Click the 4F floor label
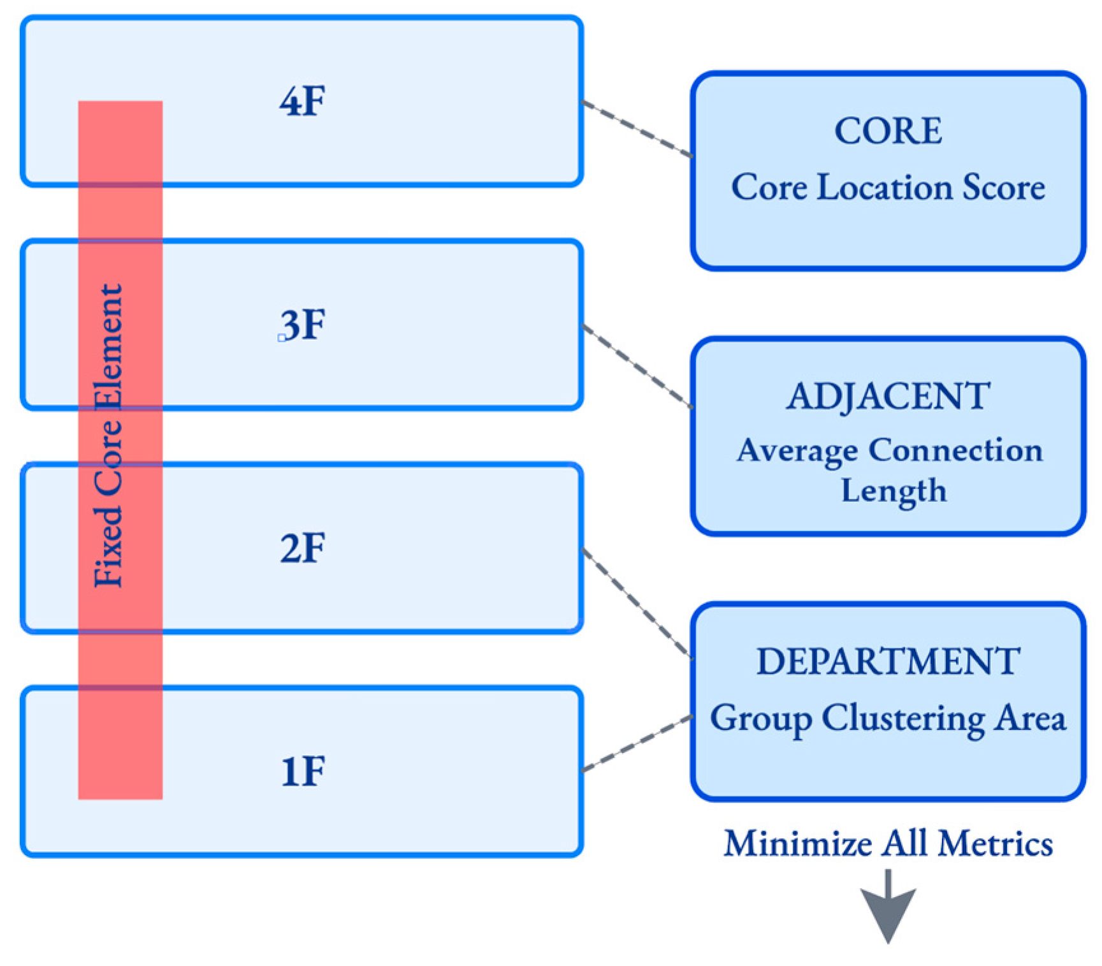pyautogui.click(x=302, y=101)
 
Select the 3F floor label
pyautogui.click(x=303, y=325)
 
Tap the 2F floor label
pyautogui.click(x=302, y=548)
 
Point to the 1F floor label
pyautogui.click(x=303, y=771)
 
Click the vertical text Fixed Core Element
pyautogui.click(x=108, y=435)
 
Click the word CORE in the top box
pyautogui.click(x=888, y=131)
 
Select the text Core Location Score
pyautogui.click(x=888, y=187)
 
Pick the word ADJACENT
pyautogui.click(x=888, y=396)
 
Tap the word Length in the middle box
pyautogui.click(x=894, y=491)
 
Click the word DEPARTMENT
pyautogui.click(x=888, y=661)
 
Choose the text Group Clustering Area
pyautogui.click(x=888, y=718)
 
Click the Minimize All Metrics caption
pyautogui.click(x=888, y=844)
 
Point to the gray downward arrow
pyautogui.click(x=888, y=908)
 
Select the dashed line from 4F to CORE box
pyautogui.click(x=637, y=128)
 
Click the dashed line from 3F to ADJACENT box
pyautogui.click(x=637, y=366)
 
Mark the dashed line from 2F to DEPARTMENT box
pyautogui.click(x=637, y=603)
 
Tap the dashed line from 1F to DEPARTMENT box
pyautogui.click(x=637, y=743)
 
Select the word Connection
pyautogui.click(x=955, y=450)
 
